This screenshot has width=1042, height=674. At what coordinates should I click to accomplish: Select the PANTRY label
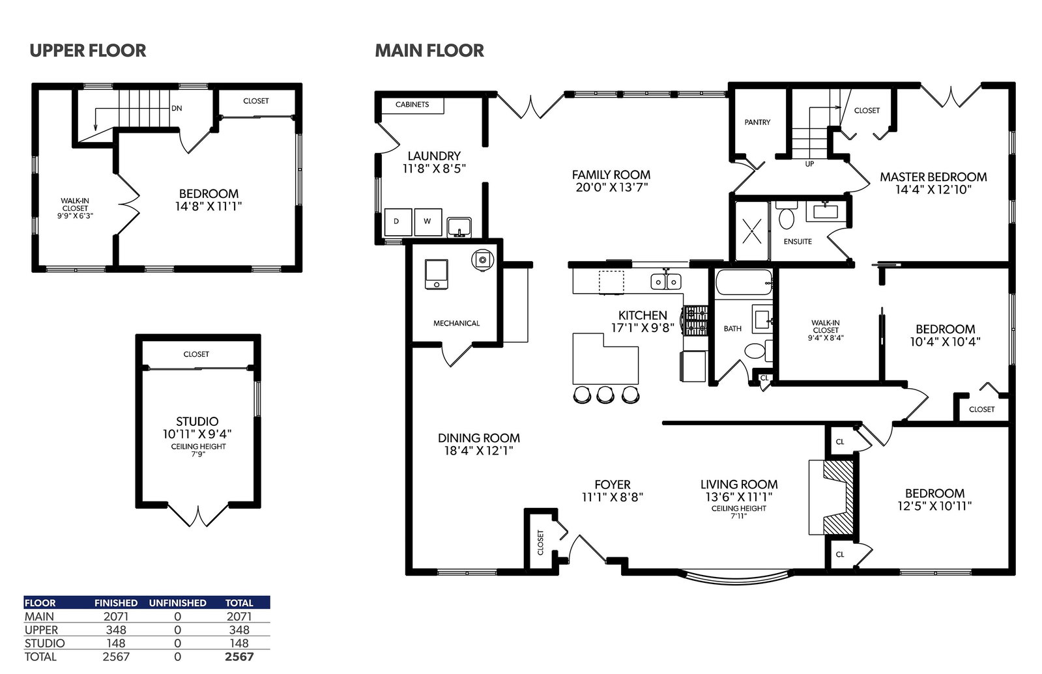[x=757, y=122]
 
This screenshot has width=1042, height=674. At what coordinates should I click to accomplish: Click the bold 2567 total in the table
[x=239, y=657]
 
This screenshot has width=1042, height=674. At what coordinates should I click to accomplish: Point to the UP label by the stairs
[x=809, y=164]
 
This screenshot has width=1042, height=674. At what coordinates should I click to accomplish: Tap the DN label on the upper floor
[x=177, y=108]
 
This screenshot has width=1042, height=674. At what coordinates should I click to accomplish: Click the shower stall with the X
[x=752, y=231]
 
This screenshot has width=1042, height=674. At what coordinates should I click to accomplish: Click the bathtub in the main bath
[x=744, y=282]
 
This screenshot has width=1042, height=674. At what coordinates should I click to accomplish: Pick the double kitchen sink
[x=666, y=281]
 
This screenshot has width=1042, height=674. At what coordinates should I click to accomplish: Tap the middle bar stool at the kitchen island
[x=605, y=395]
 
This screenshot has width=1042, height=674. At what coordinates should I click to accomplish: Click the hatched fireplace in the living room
[x=838, y=497]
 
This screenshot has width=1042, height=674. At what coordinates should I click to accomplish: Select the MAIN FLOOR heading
[x=429, y=51]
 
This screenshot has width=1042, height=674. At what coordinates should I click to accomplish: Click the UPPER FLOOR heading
[x=88, y=51]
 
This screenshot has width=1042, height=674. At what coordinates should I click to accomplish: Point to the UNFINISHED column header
[x=178, y=603]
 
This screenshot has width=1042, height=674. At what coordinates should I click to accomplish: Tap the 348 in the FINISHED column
[x=116, y=630]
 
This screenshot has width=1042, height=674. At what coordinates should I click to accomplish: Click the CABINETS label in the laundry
[x=412, y=105]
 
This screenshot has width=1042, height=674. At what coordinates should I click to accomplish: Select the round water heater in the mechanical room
[x=482, y=260]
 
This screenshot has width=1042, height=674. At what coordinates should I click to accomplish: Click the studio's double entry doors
[x=198, y=515]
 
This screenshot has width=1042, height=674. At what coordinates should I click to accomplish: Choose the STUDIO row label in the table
[x=45, y=643]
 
